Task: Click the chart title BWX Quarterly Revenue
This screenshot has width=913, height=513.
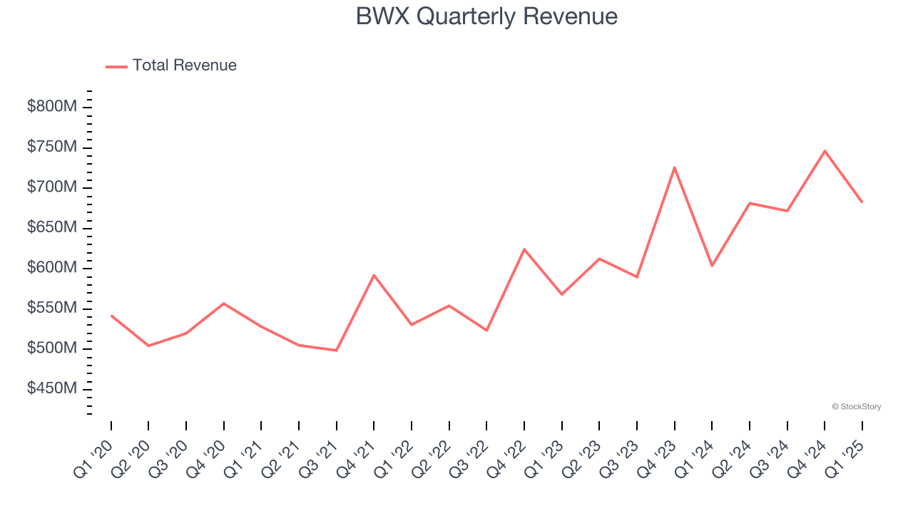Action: click(x=486, y=16)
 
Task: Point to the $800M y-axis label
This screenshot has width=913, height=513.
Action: click(x=52, y=107)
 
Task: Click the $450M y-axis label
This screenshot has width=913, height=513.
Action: click(x=52, y=389)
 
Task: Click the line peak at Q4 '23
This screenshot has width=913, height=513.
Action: click(x=674, y=167)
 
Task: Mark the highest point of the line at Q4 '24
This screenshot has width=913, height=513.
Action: click(x=825, y=151)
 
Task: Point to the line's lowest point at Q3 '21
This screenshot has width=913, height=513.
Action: click(x=336, y=351)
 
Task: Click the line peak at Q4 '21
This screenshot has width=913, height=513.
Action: click(x=374, y=275)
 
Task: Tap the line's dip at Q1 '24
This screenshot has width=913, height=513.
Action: click(x=712, y=266)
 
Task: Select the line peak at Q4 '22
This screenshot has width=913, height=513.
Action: click(x=524, y=249)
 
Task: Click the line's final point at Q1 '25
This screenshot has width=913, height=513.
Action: click(x=862, y=202)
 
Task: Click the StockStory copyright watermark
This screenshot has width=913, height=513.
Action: click(x=856, y=407)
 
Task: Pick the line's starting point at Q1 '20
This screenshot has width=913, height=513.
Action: click(x=111, y=315)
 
